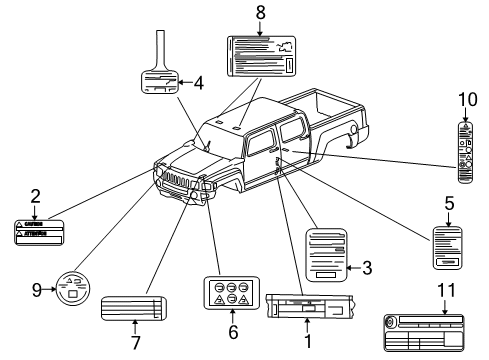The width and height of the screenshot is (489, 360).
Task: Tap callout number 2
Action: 34,198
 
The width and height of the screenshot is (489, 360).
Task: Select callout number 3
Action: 366,267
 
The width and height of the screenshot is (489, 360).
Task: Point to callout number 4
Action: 198,83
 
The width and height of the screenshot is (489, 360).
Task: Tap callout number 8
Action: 261,13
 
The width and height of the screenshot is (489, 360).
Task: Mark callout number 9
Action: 37,290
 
